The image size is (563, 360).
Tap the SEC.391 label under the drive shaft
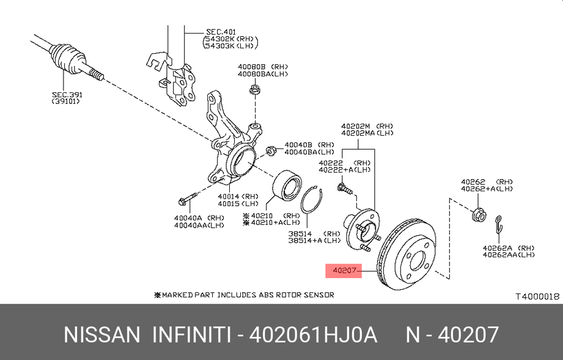coord(67,95)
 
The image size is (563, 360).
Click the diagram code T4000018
coord(537,296)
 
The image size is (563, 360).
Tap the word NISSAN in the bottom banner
coord(102,334)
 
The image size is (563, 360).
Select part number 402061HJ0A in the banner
coord(312,334)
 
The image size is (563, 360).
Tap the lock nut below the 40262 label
coord(480,214)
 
